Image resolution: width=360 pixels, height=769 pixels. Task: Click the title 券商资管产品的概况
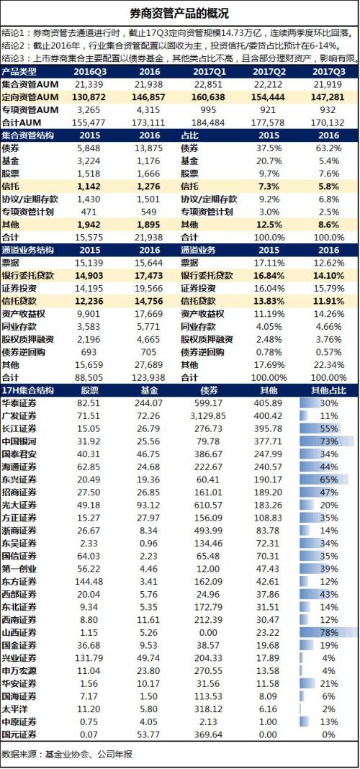click(179, 13)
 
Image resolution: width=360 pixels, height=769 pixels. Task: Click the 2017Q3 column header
click(328, 71)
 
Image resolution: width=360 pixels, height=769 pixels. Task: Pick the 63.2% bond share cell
click(328, 148)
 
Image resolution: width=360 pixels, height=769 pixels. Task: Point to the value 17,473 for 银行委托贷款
click(148, 275)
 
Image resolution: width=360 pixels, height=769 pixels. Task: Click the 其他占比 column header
click(328, 390)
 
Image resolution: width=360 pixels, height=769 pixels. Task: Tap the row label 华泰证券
click(19, 403)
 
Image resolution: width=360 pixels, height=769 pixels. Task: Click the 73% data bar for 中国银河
click(327, 441)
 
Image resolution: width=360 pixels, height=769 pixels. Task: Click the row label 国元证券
click(19, 734)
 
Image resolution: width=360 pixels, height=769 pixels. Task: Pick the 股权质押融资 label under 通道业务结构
click(28, 339)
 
